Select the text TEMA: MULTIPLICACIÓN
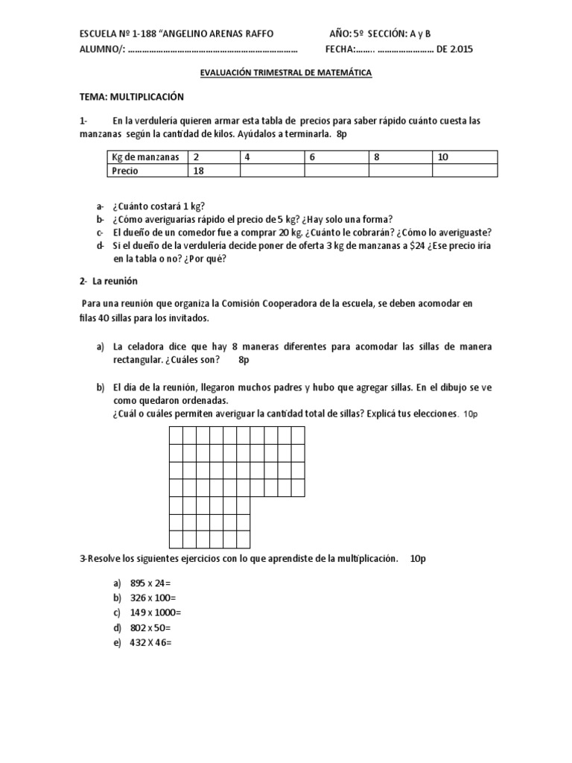[x=131, y=97]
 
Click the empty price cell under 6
[x=336, y=171]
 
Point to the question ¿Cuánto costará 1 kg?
[x=159, y=206]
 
